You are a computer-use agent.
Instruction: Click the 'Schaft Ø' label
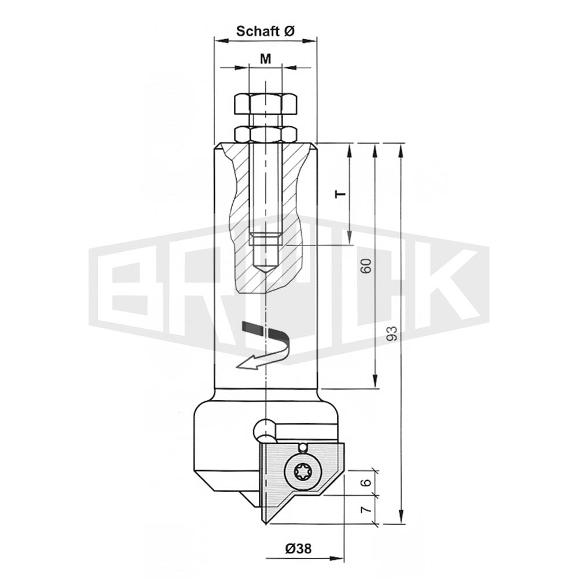point(265,31)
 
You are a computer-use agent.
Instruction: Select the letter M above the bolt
point(266,58)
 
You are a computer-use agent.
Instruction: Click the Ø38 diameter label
point(298,549)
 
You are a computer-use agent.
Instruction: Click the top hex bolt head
point(266,104)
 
